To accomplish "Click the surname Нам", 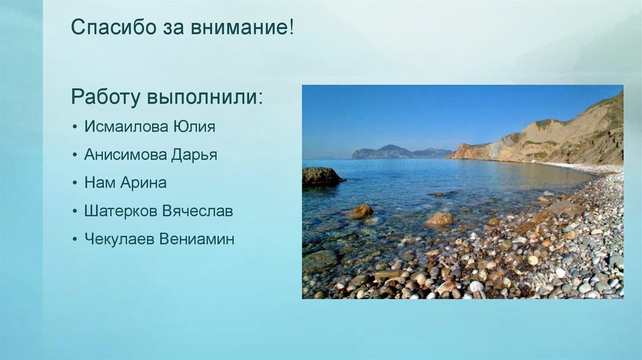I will [99, 183].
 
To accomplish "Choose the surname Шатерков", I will [121, 211].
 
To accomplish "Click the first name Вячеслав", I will [197, 211].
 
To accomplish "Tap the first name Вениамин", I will [197, 239].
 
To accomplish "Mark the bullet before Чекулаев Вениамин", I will [75, 240].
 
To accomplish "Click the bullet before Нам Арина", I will [75, 184].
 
